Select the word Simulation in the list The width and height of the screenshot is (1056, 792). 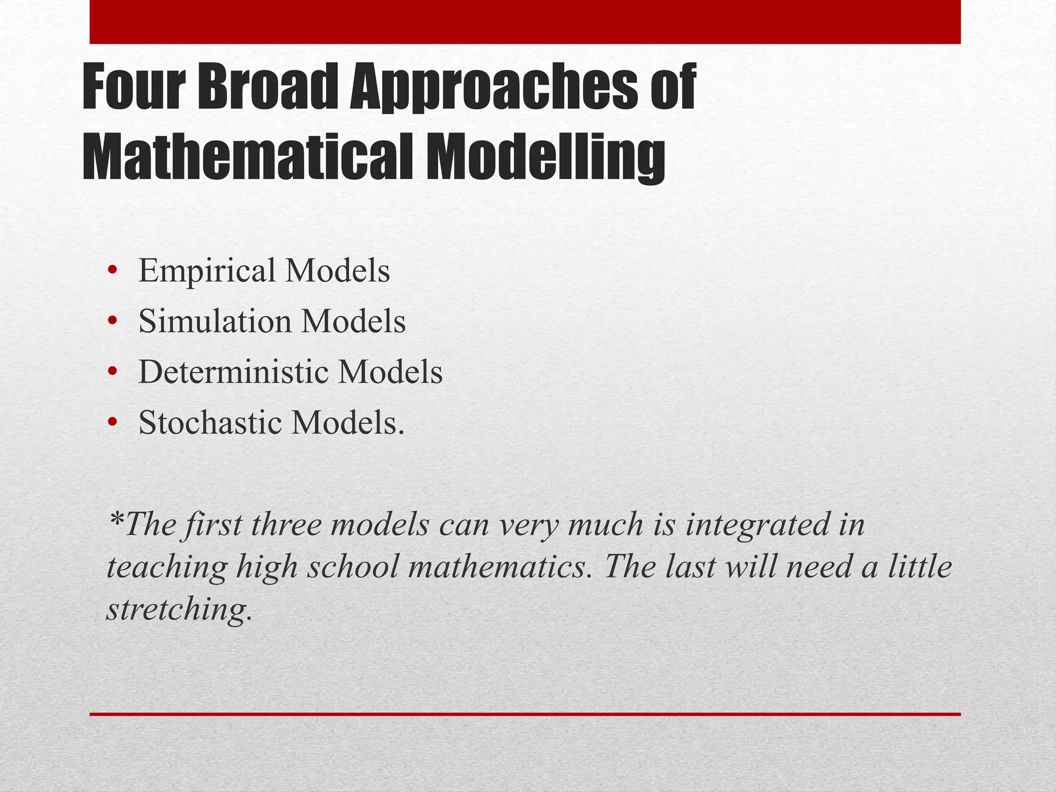tap(215, 322)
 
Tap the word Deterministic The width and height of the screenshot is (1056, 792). tap(233, 372)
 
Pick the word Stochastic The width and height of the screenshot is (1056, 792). tap(210, 423)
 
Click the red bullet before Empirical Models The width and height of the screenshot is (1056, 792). tap(112, 272)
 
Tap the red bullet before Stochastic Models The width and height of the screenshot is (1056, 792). tap(112, 423)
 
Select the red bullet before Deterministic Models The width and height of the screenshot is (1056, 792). tap(112, 373)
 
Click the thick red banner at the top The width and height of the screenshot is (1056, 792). tap(525, 22)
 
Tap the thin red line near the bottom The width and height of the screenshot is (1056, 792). tap(525, 714)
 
